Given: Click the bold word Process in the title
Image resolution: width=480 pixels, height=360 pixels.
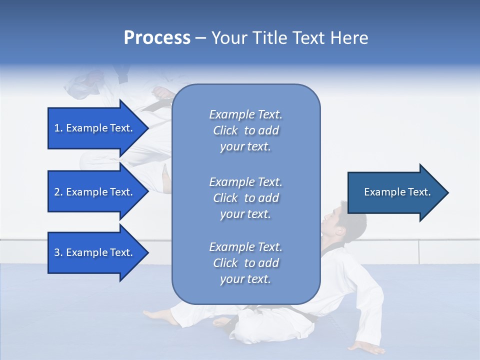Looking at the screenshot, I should (157, 38).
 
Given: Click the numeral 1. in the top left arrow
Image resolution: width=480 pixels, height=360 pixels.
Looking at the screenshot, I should (58, 128).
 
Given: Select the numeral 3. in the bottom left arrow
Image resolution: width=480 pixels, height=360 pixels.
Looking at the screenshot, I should (58, 252).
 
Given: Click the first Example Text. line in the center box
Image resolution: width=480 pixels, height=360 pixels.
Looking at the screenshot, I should (245, 114).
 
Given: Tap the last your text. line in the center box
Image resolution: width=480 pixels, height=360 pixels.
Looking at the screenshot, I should (245, 279).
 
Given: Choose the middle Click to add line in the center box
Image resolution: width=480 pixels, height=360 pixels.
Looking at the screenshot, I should (245, 198).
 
